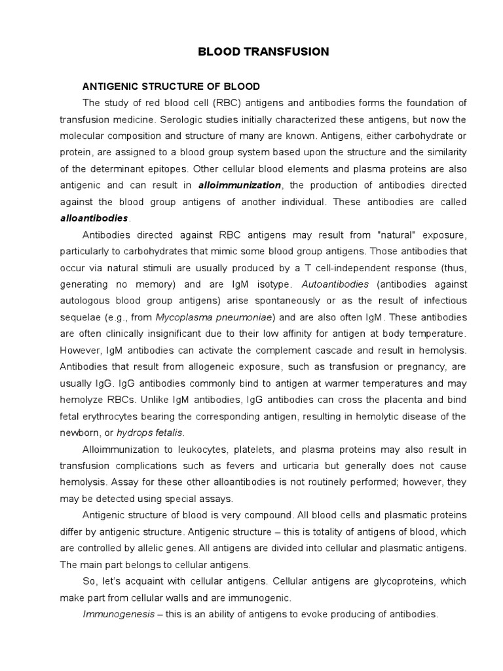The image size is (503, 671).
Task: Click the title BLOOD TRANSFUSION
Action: (263, 51)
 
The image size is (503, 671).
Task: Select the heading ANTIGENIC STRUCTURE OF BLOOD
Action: (171, 86)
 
